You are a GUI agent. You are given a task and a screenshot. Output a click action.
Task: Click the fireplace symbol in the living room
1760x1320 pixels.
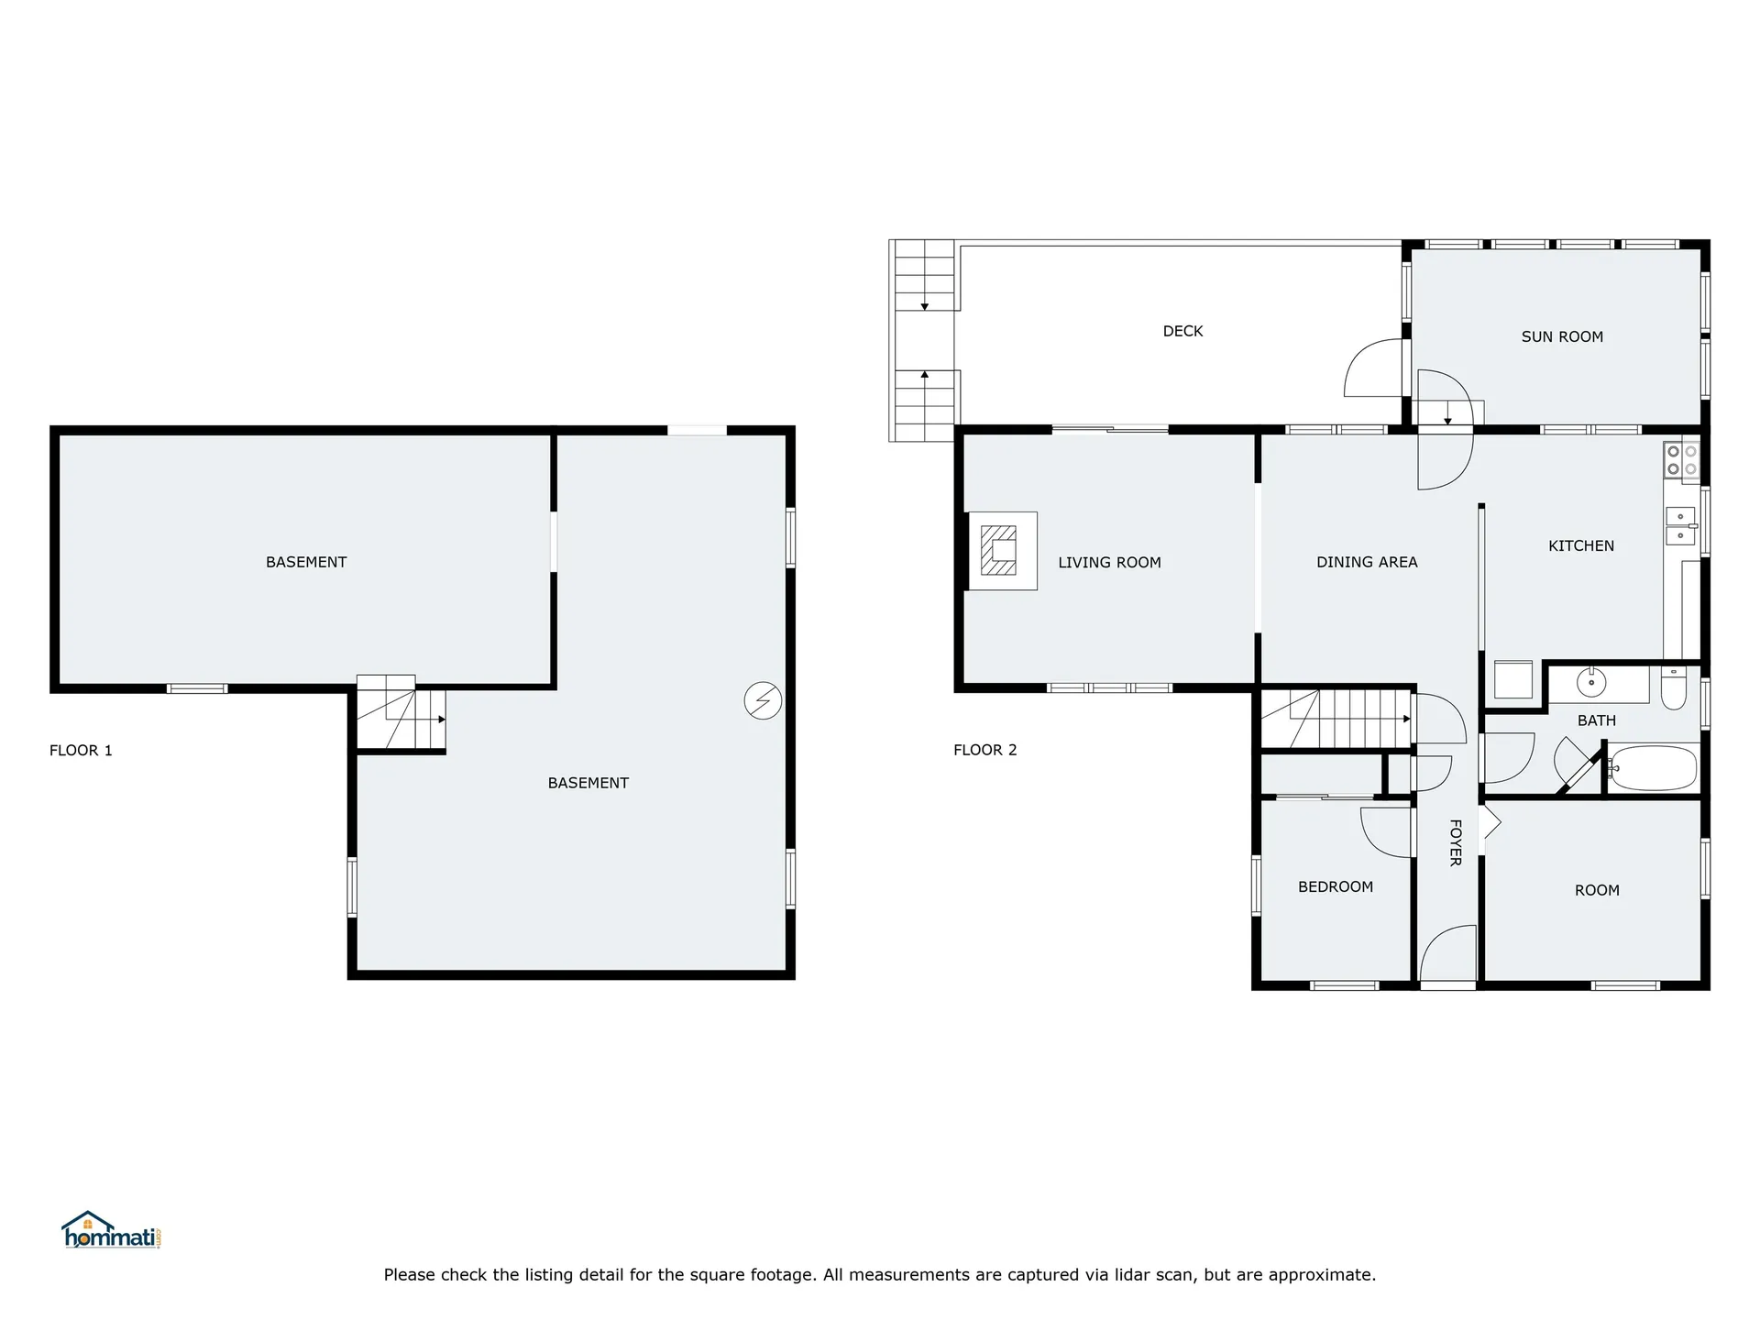coord(999,550)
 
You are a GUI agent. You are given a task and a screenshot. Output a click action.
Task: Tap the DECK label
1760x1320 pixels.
coord(1182,331)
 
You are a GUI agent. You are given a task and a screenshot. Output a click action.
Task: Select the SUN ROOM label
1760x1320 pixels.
coord(1562,336)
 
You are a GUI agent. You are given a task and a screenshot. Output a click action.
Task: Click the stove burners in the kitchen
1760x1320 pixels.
coord(1681,460)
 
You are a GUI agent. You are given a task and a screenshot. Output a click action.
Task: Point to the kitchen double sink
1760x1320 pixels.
coord(1680,525)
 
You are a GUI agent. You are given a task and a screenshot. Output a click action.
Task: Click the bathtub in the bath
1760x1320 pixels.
coord(1654,768)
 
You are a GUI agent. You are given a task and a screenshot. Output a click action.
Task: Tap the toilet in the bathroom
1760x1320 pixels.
coord(1673,687)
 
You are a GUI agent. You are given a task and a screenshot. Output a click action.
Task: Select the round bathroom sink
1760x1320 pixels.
coord(1591,682)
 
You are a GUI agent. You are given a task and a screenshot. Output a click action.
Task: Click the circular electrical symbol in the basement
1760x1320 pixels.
coord(763,701)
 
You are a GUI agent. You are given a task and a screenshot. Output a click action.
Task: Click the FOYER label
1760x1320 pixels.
coord(1455,842)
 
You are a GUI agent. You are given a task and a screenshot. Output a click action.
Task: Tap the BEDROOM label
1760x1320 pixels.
coord(1336,886)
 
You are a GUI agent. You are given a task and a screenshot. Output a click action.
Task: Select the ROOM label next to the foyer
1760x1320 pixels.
coord(1597,890)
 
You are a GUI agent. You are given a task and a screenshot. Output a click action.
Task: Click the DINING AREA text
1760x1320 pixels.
coord(1367,562)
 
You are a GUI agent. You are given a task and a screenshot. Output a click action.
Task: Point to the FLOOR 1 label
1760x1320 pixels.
coord(81,750)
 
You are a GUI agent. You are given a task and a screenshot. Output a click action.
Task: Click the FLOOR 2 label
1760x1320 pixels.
coord(985,749)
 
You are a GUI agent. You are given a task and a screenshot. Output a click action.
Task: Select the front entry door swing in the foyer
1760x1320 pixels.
coord(1449,953)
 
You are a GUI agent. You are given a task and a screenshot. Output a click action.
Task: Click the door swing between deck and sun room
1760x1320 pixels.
coord(1374,368)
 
